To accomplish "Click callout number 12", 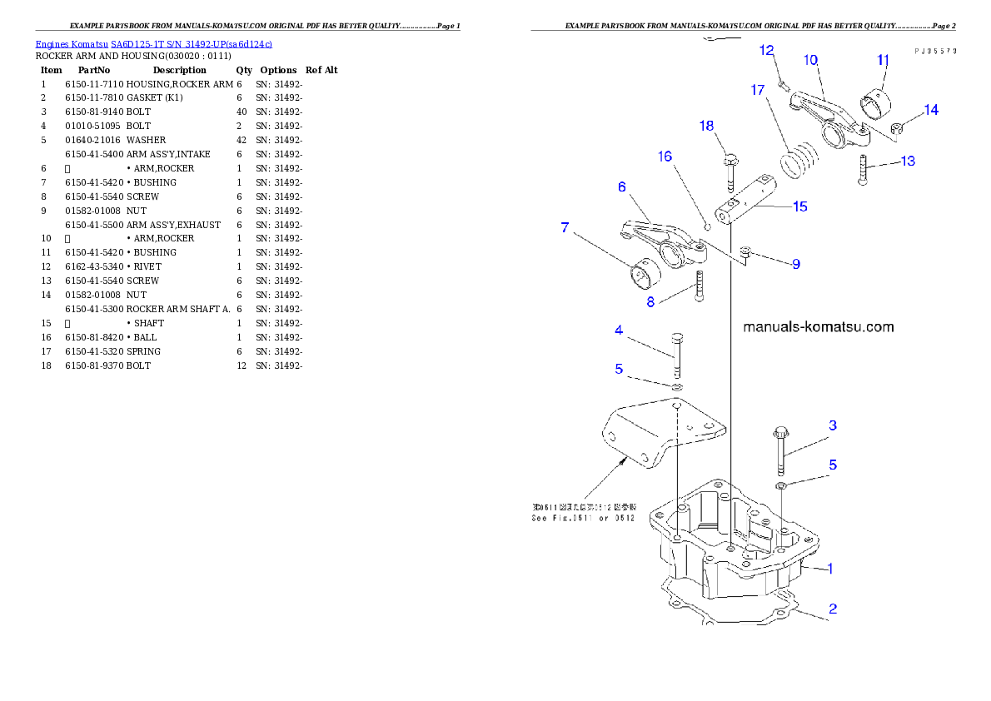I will click(767, 52).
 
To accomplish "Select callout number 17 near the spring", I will click(757, 90).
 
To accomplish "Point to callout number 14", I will click(930, 110).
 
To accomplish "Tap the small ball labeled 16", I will click(707, 224).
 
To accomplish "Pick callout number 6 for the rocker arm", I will click(621, 187).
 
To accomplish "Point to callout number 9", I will click(795, 264).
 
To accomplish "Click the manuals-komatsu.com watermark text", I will click(818, 327).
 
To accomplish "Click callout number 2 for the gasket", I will click(832, 609).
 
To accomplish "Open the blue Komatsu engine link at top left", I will click(153, 43).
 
